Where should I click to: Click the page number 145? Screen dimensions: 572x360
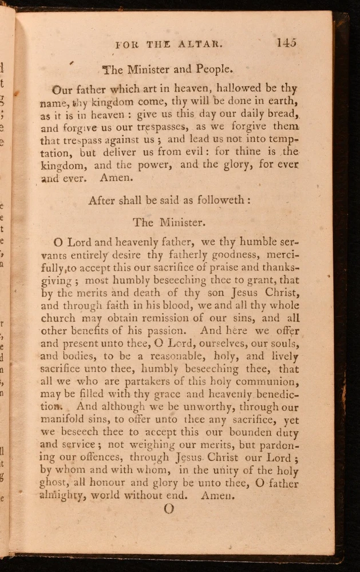tap(286, 42)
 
